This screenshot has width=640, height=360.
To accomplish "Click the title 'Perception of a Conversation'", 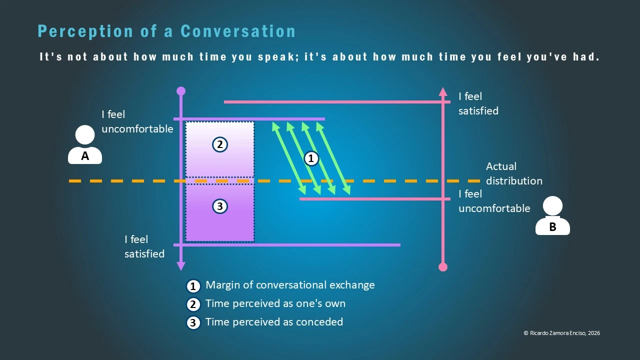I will click(x=166, y=31).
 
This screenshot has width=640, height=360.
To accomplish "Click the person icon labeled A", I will click(x=85, y=145).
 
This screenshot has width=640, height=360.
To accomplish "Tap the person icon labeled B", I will click(x=552, y=216).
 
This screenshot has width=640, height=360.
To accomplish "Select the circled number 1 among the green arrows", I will click(x=311, y=158).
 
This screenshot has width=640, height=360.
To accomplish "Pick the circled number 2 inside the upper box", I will click(x=219, y=145).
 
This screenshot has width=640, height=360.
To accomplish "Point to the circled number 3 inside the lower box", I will click(x=219, y=206).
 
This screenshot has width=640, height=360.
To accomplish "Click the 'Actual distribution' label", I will click(x=513, y=173).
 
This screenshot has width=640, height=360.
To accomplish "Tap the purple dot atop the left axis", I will click(x=181, y=91).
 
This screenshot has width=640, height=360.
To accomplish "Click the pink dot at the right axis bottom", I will click(x=442, y=267).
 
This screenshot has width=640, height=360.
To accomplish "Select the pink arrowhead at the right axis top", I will click(x=442, y=91).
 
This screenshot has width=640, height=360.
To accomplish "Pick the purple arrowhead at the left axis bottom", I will click(x=181, y=266).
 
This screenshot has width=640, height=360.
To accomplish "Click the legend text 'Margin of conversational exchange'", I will click(x=290, y=285).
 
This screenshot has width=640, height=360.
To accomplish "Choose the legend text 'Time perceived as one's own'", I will click(x=275, y=303).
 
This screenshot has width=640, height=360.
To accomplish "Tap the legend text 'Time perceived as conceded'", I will click(x=274, y=322).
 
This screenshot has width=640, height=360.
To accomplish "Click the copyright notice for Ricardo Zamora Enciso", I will click(x=561, y=333).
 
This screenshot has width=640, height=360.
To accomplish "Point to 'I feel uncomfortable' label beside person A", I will click(x=137, y=122).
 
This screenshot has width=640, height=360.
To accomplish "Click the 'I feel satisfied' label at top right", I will click(x=478, y=103).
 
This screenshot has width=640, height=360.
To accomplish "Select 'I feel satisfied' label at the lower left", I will click(x=144, y=246).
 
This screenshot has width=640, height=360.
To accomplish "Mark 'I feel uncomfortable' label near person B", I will click(x=494, y=201).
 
